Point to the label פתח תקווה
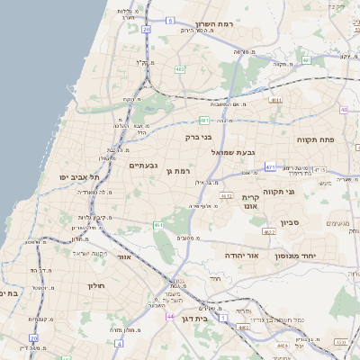317,139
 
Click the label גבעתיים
144,166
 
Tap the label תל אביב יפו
80,177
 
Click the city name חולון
96,285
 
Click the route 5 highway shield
170,18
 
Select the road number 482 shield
180,68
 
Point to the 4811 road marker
276,101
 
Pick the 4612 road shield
226,196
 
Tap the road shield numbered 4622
269,231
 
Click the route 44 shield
170,317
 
